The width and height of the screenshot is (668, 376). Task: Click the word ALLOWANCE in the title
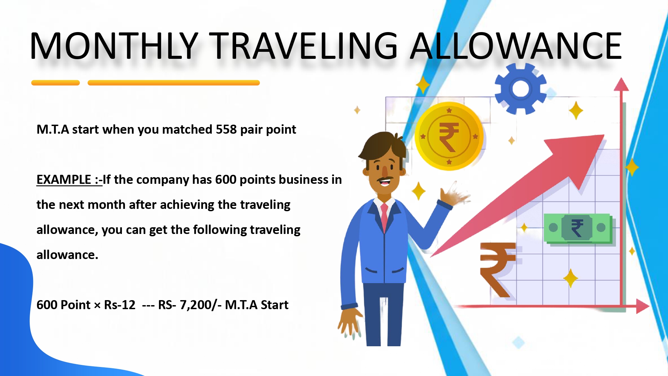coord(516,46)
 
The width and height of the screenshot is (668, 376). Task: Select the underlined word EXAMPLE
coord(64,179)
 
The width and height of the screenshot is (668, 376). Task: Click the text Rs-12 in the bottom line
coord(120,305)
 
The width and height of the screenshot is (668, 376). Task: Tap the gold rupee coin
coord(449,136)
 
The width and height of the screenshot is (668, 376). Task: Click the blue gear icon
coord(520,89)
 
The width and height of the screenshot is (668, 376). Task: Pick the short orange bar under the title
coord(55,83)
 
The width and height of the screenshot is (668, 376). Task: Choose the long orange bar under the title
coord(174,83)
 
